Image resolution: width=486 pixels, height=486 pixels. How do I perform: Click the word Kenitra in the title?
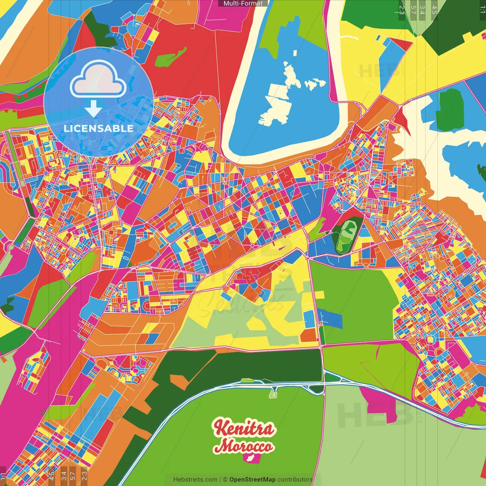coord(243,428)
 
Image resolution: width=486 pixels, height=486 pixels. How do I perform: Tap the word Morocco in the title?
coord(243,446)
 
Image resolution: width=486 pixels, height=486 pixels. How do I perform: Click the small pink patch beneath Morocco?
coord(251,458)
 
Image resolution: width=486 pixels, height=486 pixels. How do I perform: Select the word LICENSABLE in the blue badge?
coord(98,128)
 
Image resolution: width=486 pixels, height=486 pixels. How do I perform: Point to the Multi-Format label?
coord(243,3)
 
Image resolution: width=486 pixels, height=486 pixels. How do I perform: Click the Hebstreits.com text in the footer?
coord(195,480)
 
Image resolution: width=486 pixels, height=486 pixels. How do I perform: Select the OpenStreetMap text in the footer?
coord(252,480)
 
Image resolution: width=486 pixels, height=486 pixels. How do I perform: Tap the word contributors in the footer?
coord(295,480)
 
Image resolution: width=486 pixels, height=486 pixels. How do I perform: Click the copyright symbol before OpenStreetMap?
coord(225,480)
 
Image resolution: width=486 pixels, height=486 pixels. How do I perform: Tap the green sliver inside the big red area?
coord(171,57)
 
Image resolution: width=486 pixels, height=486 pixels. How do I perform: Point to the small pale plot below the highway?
coord(273,394)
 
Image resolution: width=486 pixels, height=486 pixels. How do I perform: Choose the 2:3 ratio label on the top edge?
coord(402,9)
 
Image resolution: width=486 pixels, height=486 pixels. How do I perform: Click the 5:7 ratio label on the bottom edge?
coord(73,475)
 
